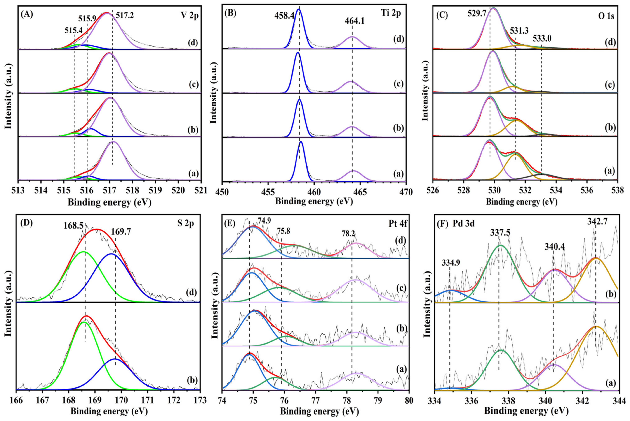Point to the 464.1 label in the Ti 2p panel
[355, 21]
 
